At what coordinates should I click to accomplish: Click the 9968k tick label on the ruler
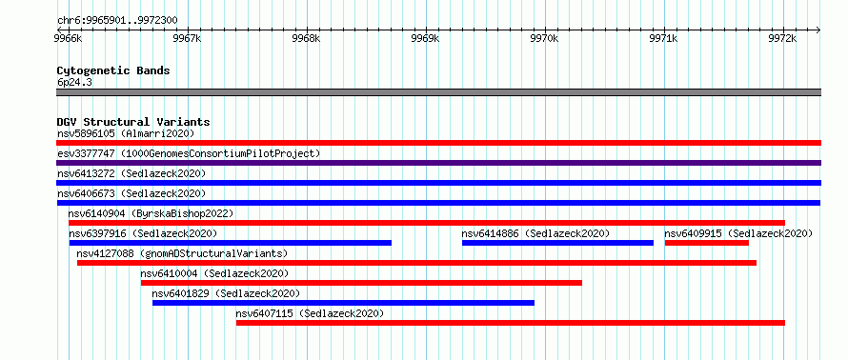pos(306,39)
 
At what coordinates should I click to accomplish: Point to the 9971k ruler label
pos(663,39)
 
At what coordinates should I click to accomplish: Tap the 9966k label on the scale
pos(69,39)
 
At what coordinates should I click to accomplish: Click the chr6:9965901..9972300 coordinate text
pos(117,21)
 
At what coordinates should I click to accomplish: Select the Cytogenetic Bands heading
pos(113,70)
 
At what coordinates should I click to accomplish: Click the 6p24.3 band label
pos(74,83)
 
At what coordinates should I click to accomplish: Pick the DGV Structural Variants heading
pos(133,122)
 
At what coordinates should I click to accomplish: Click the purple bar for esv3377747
pos(438,163)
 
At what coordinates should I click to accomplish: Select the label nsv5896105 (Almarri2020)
pos(126,133)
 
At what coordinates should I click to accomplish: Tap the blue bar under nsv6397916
pos(230,243)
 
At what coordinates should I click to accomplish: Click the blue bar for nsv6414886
pos(557,243)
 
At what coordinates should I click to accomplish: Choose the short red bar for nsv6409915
pos(706,243)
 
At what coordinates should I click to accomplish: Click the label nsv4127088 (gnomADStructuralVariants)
pos(182,253)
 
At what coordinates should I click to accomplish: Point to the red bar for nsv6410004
pos(361,283)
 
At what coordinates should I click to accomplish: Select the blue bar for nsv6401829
pos(343,303)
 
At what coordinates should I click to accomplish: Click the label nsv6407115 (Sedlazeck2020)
pos(310,313)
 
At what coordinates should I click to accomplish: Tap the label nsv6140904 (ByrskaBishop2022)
pos(151,213)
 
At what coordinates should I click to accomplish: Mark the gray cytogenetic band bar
pos(438,92)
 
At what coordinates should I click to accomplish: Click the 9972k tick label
pos(782,39)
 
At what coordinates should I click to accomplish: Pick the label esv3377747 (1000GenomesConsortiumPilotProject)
pos(189,153)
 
